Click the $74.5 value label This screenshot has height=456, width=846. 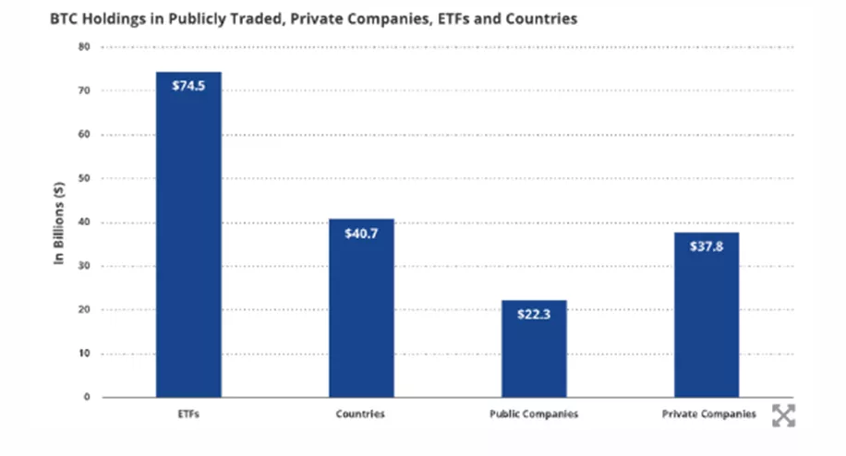click(x=188, y=86)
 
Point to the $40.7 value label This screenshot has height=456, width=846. click(x=361, y=233)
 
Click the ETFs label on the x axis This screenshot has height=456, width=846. click(x=188, y=414)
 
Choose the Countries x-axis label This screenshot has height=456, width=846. click(x=361, y=414)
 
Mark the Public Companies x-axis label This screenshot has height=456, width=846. click(x=534, y=414)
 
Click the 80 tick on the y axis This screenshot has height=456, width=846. click(x=84, y=47)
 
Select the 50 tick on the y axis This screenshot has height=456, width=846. click(x=84, y=178)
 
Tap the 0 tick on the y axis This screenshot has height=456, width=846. click(x=87, y=397)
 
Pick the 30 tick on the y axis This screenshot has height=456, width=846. click(x=84, y=266)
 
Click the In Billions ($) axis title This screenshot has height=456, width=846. click(x=58, y=222)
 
